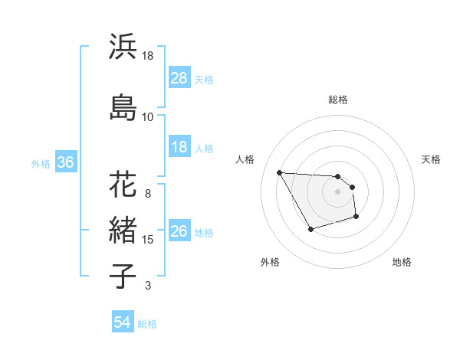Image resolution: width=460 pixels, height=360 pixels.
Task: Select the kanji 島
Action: (x=123, y=106)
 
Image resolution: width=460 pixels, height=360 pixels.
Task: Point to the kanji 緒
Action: (x=123, y=231)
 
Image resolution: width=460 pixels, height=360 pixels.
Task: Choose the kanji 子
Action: (x=123, y=276)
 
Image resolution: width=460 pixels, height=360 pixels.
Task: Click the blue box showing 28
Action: (x=179, y=78)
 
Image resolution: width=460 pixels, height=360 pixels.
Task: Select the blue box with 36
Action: (x=65, y=162)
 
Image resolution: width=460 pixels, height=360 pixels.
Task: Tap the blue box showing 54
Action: (x=122, y=323)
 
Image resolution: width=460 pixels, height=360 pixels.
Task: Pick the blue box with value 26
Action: (x=179, y=232)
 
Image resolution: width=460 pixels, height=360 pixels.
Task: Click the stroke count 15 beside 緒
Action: (x=149, y=240)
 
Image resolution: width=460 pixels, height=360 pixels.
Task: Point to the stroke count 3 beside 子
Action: (x=148, y=286)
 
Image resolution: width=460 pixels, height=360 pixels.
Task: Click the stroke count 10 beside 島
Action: (x=148, y=116)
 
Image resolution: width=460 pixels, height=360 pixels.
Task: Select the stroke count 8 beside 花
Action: (x=148, y=193)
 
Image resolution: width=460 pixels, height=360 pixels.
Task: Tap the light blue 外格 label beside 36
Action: (x=41, y=163)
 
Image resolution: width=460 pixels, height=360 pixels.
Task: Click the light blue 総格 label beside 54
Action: (x=147, y=324)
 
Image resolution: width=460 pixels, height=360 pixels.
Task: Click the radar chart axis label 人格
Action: (x=246, y=159)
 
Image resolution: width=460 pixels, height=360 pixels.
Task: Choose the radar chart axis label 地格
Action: (x=402, y=262)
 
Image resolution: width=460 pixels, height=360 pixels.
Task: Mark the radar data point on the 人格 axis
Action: (x=279, y=172)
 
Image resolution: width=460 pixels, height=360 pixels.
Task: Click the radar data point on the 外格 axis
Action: (x=310, y=229)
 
